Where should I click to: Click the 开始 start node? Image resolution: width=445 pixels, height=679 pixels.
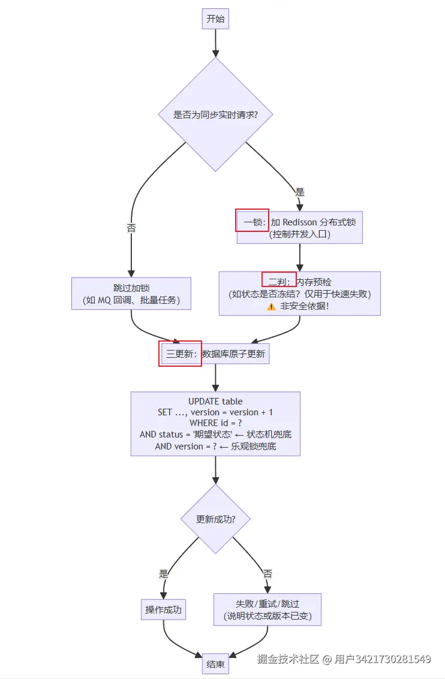point(215,19)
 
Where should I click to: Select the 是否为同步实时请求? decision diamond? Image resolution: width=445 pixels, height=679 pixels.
point(215,114)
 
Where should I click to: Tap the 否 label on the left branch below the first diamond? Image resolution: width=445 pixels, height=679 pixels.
point(131,228)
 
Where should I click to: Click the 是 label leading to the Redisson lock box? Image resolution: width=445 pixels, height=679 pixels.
point(300,192)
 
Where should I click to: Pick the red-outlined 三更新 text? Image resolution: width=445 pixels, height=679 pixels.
point(181,354)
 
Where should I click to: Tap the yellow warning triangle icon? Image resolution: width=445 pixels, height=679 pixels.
point(271,306)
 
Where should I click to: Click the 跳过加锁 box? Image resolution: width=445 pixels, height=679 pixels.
point(131,294)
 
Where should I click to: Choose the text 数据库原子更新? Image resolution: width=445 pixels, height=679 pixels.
point(234,354)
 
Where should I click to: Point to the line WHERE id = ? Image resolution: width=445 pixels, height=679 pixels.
point(215,423)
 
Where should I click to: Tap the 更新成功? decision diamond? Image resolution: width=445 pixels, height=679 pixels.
point(215,519)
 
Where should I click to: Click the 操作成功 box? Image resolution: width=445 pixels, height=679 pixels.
point(163,610)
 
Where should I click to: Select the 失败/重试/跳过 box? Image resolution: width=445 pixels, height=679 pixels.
point(267,609)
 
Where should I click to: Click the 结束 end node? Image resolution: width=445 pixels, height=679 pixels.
point(215,664)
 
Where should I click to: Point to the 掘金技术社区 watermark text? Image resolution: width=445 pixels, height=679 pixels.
point(288,659)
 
